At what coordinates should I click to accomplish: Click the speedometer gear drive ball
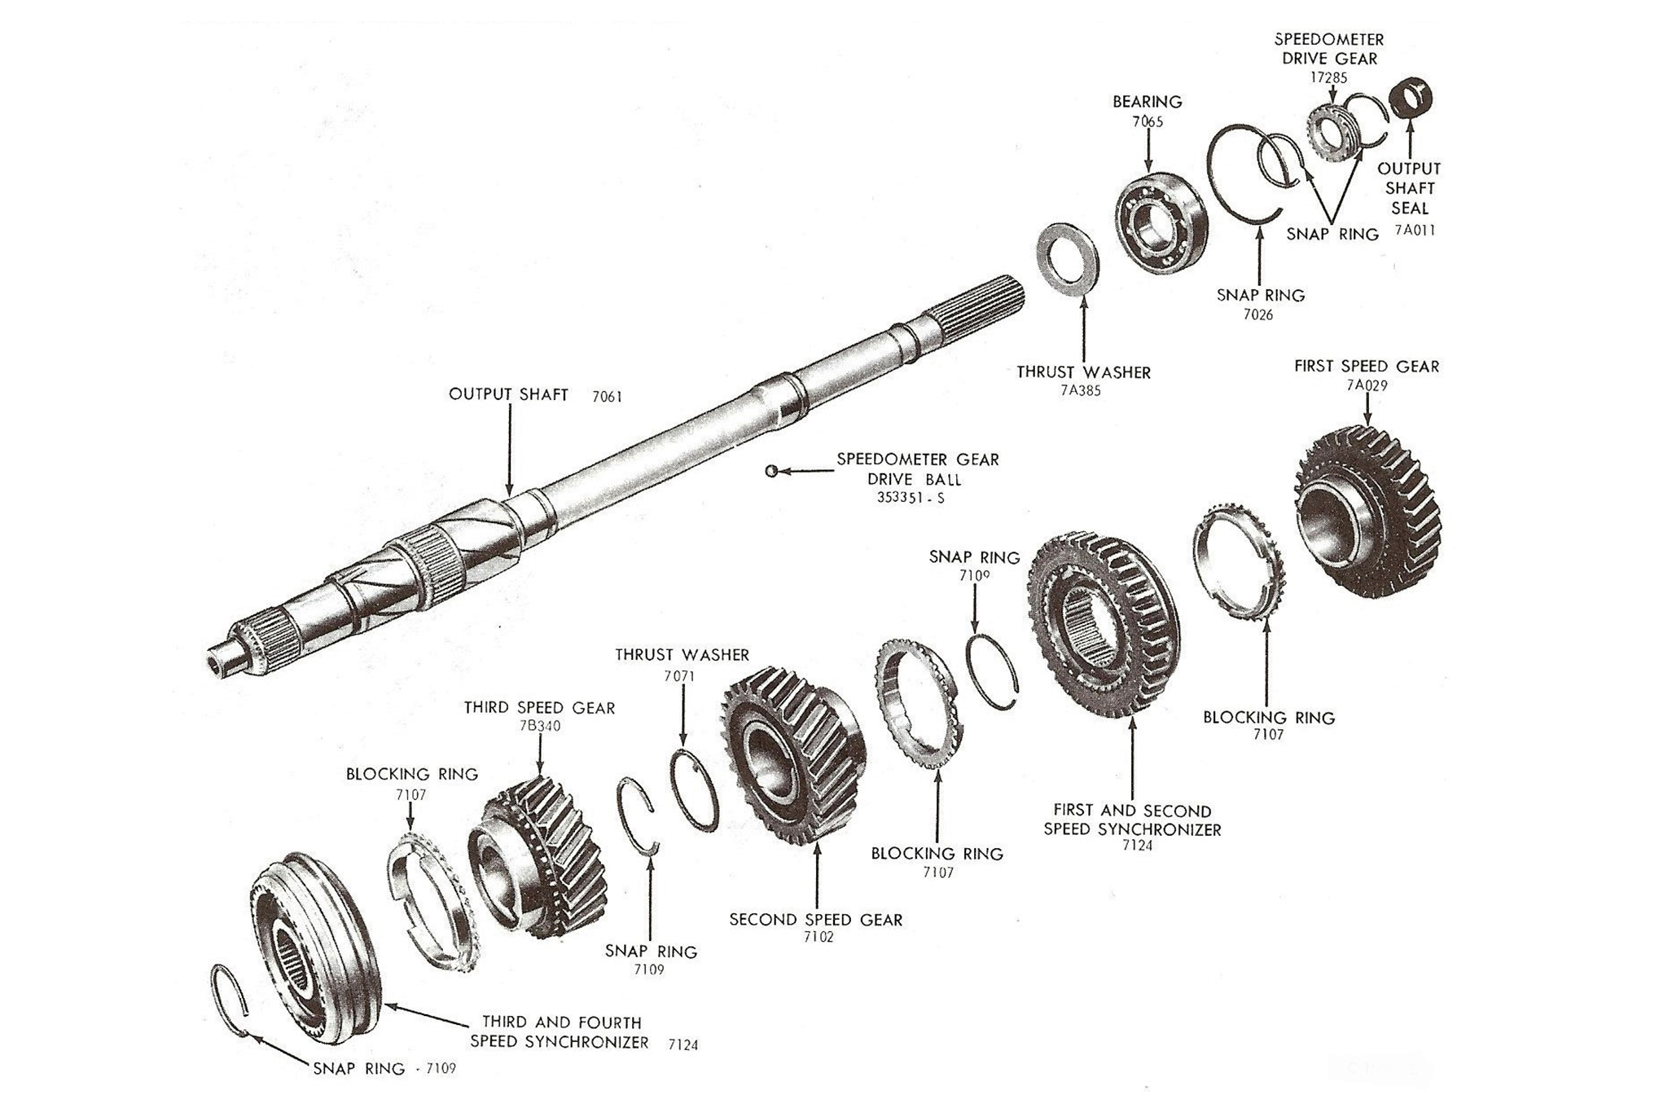(771, 470)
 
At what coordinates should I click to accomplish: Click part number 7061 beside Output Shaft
(607, 397)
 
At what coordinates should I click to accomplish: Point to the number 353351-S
(911, 498)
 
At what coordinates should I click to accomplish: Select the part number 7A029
(1367, 385)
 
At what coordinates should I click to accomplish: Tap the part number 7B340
(539, 726)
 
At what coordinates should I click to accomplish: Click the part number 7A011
(1415, 230)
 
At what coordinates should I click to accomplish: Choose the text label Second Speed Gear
(815, 920)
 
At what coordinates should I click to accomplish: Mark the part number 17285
(1328, 78)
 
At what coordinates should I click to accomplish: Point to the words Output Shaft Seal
(1409, 188)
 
